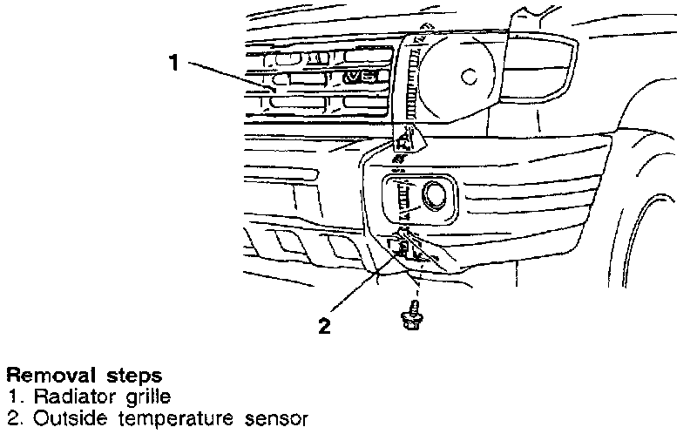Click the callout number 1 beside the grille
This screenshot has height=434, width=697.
coord(174,62)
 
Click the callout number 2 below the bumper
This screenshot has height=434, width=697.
coord(324,327)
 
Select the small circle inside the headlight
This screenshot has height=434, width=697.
coord(470,77)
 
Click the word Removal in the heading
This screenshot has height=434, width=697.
coord(44,376)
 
